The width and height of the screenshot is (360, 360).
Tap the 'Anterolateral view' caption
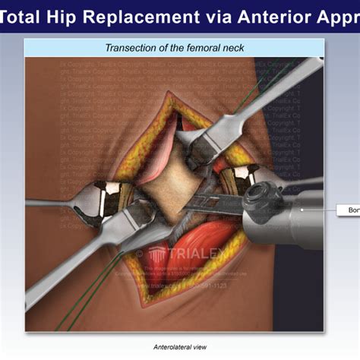179,346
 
